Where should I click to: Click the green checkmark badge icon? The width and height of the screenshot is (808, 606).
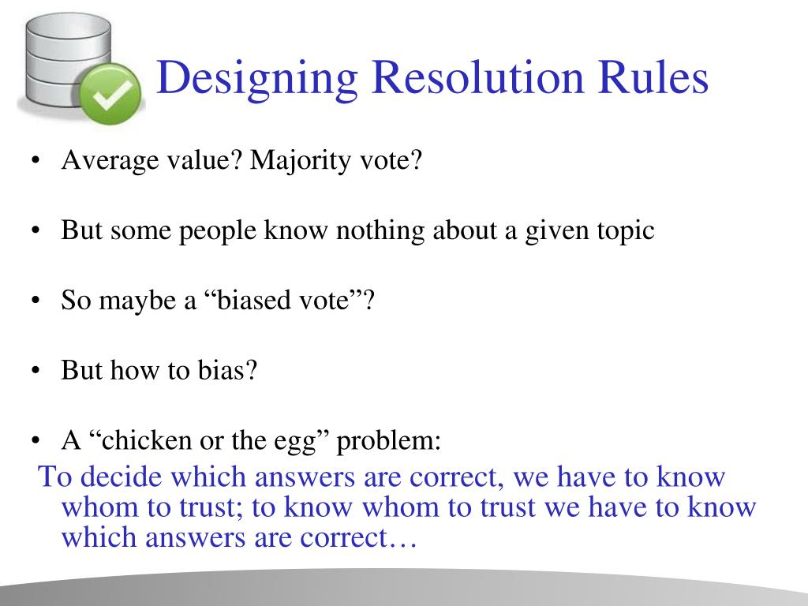[x=113, y=101]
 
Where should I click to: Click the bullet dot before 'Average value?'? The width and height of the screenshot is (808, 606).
[x=37, y=163]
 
